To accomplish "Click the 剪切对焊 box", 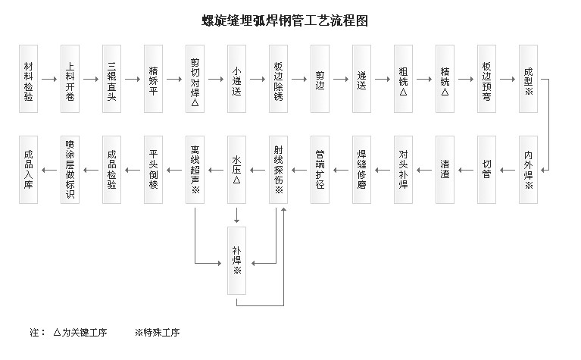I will tap(195, 79).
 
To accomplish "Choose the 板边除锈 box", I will tap(278, 79).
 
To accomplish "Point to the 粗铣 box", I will tap(403, 79).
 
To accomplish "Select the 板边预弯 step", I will tap(486, 79).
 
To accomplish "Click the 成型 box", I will tap(528, 79).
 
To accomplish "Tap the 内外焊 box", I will tap(528, 170).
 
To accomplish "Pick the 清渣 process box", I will tap(445, 170).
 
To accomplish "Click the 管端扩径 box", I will tap(320, 170).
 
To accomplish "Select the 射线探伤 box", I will tap(278, 170).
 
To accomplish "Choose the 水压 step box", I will tap(236, 170).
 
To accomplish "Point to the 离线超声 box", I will tap(195, 170).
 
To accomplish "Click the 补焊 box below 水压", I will tap(236, 260).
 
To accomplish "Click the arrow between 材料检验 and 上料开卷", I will tap(49, 79).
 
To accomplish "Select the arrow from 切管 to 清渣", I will tap(466, 170).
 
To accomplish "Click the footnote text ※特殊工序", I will tap(157, 332).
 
